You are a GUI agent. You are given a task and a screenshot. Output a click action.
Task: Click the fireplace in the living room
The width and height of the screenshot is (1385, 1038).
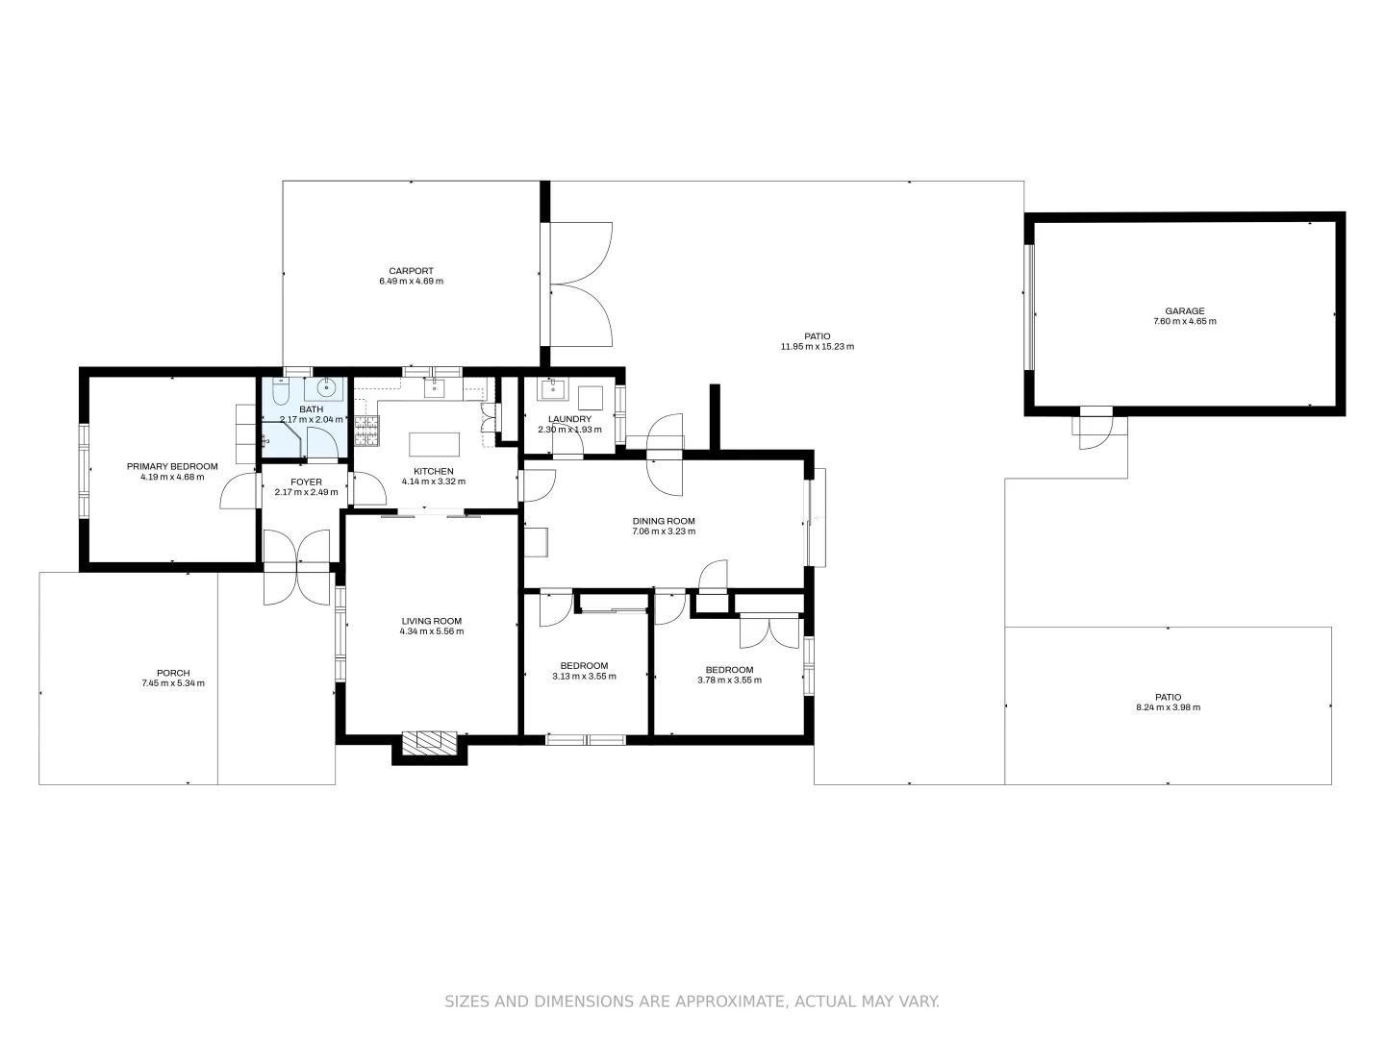tap(429, 741)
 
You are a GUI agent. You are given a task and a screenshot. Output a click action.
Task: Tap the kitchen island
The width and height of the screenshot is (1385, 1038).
tap(434, 444)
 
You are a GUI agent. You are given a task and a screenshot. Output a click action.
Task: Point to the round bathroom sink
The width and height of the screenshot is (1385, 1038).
tap(326, 388)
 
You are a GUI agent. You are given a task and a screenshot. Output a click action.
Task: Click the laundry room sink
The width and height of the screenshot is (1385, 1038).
tap(552, 389)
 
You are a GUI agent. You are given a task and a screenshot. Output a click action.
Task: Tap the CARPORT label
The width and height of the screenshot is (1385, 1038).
tap(411, 271)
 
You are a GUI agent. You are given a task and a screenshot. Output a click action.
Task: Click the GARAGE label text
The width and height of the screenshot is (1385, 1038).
tap(1184, 311)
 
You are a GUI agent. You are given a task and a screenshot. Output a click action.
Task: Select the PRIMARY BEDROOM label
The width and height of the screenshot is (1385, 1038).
tap(172, 466)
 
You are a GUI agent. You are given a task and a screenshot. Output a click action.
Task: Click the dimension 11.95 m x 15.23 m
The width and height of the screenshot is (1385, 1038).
tap(817, 347)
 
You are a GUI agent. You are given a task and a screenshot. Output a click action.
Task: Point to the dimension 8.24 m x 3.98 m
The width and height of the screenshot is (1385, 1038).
tap(1168, 707)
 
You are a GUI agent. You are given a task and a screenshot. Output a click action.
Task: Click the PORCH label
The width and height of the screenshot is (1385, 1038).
tap(173, 673)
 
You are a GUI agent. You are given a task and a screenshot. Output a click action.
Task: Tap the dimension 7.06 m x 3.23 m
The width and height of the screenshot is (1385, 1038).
tap(663, 531)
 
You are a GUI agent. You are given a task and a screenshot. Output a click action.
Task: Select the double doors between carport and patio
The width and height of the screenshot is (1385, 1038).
tap(581, 284)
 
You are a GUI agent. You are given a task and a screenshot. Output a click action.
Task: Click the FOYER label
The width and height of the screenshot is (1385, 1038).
tap(306, 482)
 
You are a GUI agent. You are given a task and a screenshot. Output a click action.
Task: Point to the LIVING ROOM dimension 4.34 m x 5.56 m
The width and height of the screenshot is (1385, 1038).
tap(432, 631)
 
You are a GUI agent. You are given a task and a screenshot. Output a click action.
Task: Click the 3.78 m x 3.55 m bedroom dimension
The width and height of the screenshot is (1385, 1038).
tap(729, 680)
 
